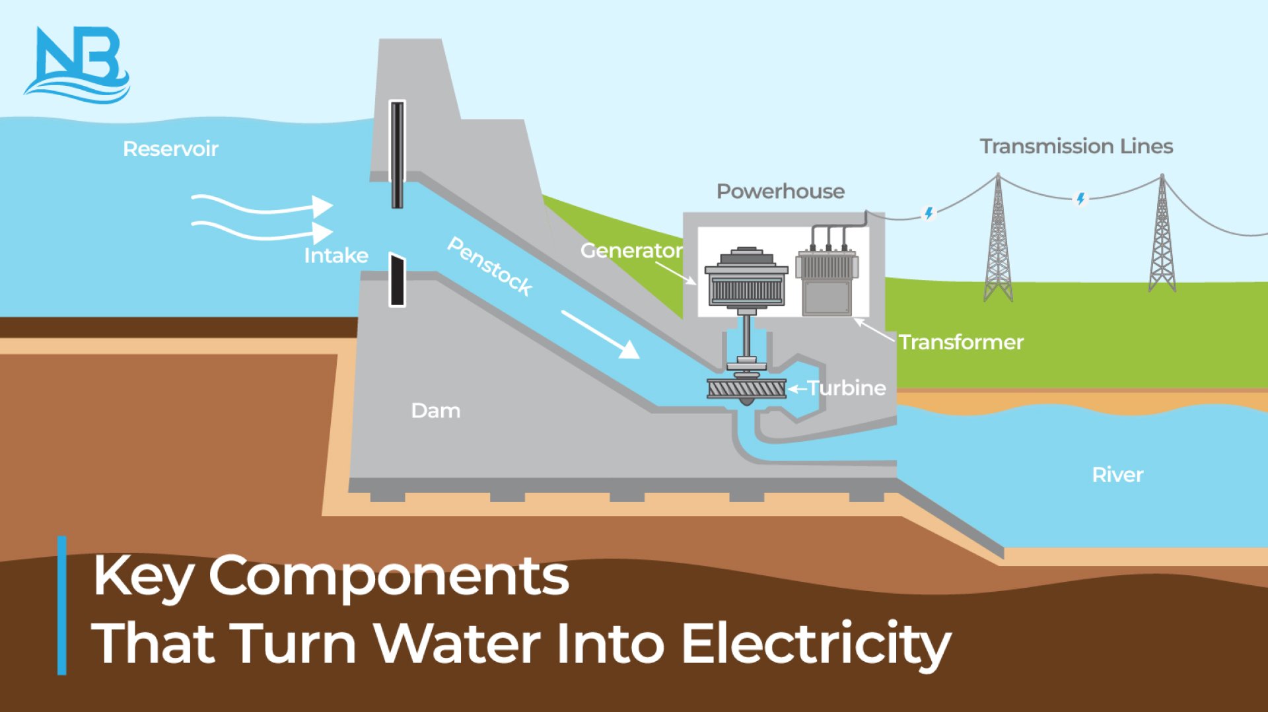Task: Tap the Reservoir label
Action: click(x=170, y=149)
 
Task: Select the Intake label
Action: click(x=335, y=256)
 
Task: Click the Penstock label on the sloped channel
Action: click(x=490, y=266)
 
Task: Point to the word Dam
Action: click(x=435, y=411)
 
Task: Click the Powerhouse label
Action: click(x=780, y=192)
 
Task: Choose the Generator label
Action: click(x=631, y=251)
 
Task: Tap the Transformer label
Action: click(x=961, y=342)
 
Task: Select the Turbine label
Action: click(x=847, y=388)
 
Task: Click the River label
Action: click(x=1117, y=475)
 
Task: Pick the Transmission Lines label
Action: click(x=1076, y=147)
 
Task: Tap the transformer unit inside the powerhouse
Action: click(x=827, y=281)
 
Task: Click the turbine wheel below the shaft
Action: click(x=746, y=388)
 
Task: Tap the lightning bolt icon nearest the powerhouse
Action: click(x=929, y=213)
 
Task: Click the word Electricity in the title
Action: click(x=816, y=643)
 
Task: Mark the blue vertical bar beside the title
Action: click(x=62, y=605)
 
